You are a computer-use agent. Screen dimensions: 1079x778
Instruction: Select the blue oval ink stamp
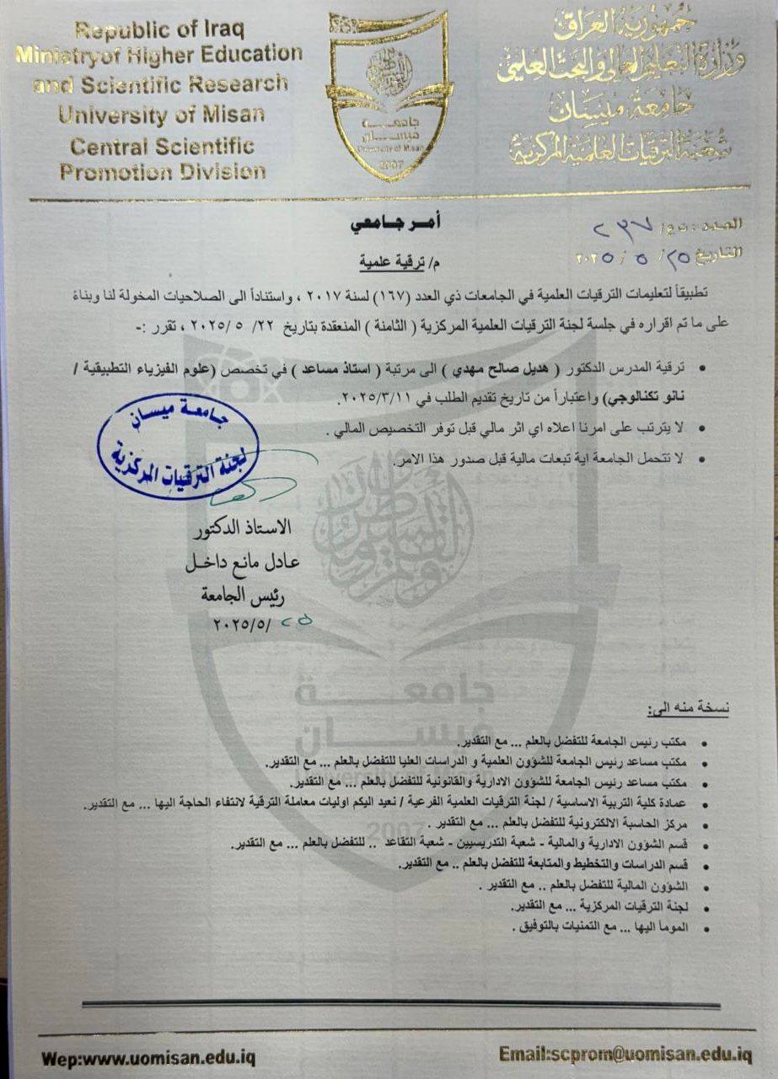[178, 448]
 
